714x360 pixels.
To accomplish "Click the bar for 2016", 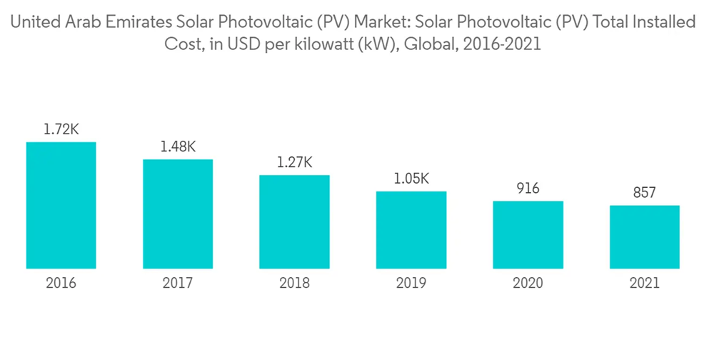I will pos(61,206).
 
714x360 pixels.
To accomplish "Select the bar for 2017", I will pos(178,214).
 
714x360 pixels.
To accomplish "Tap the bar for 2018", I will pos(294,222).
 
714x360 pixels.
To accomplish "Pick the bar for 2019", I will pos(411,230).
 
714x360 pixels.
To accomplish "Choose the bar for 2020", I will pos(528,235).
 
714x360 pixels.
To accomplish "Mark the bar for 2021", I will pos(644,237).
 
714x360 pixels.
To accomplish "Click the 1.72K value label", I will pos(61,130).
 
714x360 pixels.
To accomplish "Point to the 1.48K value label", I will pos(178,147).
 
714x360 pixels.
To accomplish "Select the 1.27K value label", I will pos(294,163).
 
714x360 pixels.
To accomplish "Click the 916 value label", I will pos(528,189).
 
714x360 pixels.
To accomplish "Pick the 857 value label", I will pos(644,193).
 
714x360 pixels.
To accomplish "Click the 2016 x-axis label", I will pos(61,284).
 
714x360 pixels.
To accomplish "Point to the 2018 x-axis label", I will pos(294,284).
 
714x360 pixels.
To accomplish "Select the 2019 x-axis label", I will pos(411,284).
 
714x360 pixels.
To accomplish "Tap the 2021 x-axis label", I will pos(644,284).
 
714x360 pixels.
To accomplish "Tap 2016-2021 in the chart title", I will pos(503,44).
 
